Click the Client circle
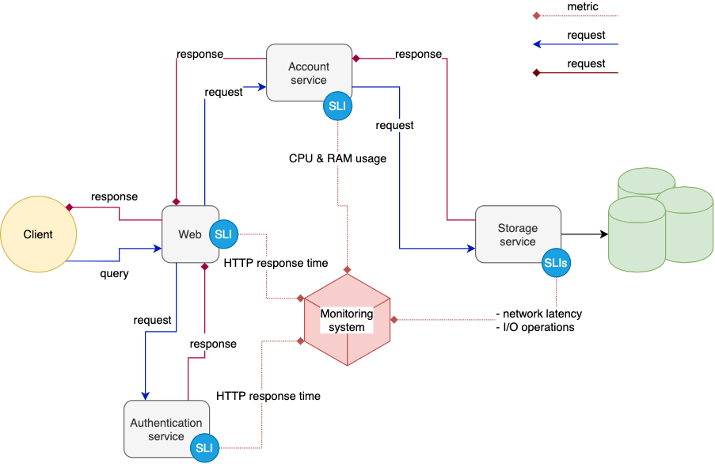coord(38,234)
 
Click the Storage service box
coord(517,234)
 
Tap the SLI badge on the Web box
coord(223,234)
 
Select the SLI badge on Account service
coord(338,106)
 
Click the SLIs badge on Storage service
coord(557,263)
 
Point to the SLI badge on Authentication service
coord(204,447)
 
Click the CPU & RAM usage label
coord(337,158)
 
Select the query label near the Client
coord(114,274)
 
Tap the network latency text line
coord(538,314)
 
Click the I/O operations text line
coord(535,327)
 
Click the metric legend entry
coord(583,7)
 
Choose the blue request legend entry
coord(586,36)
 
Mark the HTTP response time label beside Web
coord(276,263)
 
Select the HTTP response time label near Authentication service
coord(268,396)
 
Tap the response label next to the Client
coord(114,196)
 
